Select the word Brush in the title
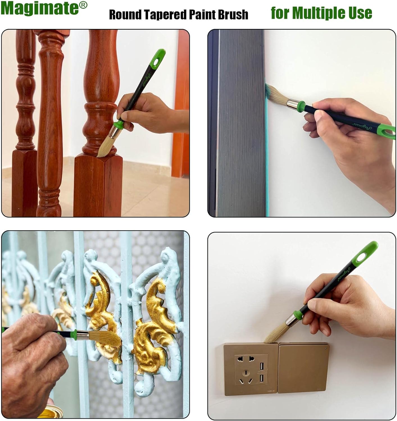(x=233, y=15)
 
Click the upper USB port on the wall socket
(x=261, y=366)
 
